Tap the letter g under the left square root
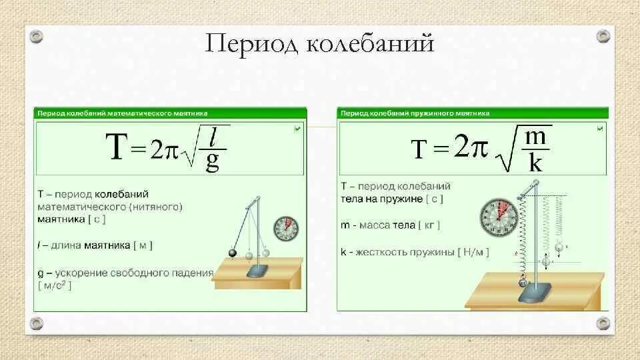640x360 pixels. (213, 162)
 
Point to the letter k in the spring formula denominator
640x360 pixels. (535, 163)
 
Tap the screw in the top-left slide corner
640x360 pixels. (36, 35)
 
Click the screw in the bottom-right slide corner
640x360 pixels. (603, 324)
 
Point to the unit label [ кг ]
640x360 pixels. (428, 227)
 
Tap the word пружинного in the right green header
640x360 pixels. (431, 113)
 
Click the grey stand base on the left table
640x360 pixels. (257, 272)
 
